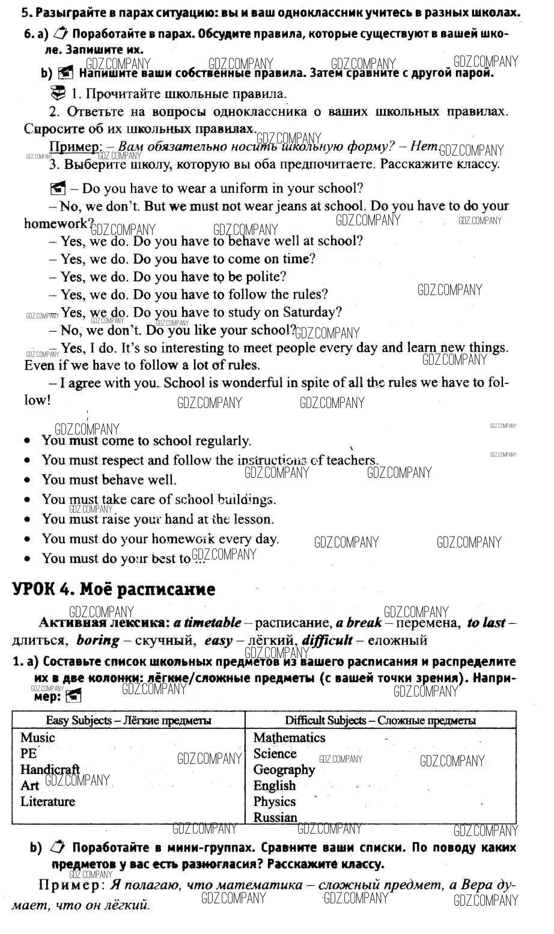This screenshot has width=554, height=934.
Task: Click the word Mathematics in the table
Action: (289, 737)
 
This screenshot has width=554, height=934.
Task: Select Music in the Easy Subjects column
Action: (37, 737)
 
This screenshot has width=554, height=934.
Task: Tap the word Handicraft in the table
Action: (50, 769)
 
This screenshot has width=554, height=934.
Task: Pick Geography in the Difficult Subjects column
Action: (284, 769)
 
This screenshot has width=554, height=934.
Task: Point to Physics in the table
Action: (275, 801)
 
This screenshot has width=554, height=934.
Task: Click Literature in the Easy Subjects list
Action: (47, 801)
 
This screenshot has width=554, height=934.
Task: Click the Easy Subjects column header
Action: (129, 720)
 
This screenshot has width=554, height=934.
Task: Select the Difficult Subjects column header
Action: (380, 720)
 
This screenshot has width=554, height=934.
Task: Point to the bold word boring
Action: (98, 640)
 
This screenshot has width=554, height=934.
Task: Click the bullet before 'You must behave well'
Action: (28, 480)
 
